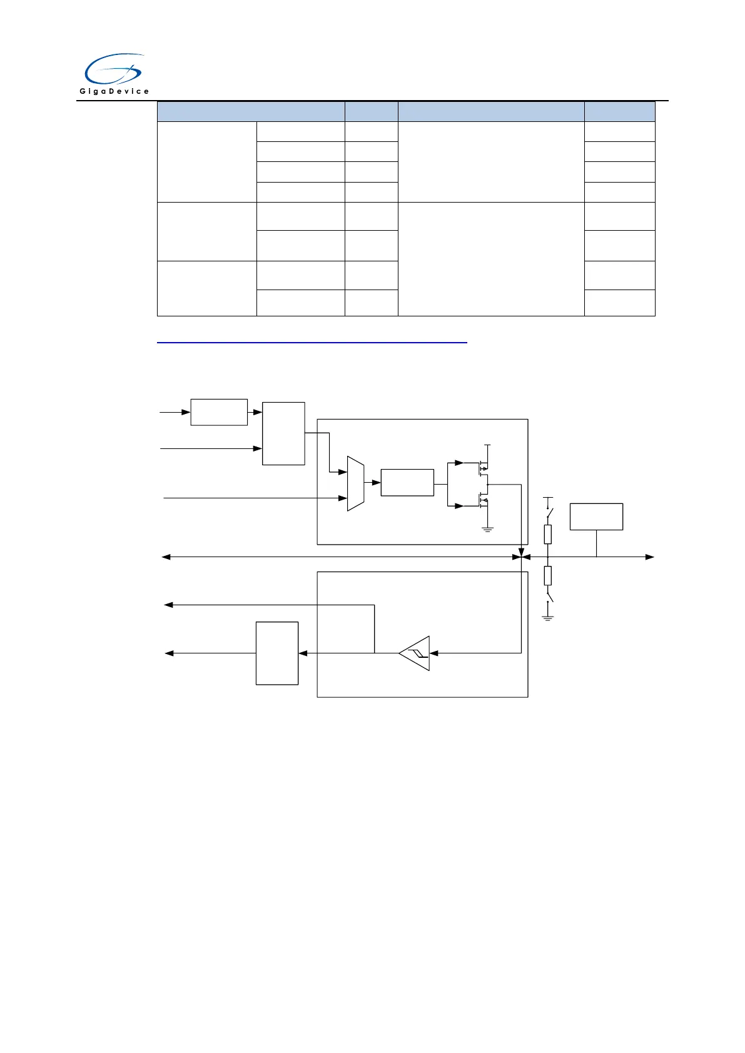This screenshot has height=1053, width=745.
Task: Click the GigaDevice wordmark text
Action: [114, 91]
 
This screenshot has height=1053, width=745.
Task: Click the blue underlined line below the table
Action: [312, 343]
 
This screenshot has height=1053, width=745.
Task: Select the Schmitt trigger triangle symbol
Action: [415, 653]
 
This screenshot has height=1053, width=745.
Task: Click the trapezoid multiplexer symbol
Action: [355, 483]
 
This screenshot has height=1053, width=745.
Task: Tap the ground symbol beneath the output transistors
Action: [488, 530]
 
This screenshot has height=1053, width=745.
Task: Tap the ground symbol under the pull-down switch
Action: [548, 618]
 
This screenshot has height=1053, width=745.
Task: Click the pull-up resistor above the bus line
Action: [548, 534]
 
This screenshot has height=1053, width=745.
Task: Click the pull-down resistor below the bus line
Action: [548, 575]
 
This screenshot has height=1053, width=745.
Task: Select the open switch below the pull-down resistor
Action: [549, 595]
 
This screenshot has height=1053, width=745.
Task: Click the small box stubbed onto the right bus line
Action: [596, 516]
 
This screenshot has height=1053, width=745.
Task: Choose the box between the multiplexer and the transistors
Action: [407, 483]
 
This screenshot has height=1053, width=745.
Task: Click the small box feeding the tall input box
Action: [219, 412]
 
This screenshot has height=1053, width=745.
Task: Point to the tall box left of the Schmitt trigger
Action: [277, 653]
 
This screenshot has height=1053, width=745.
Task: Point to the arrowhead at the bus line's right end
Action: [650, 557]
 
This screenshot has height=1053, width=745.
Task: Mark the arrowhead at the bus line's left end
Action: [166, 557]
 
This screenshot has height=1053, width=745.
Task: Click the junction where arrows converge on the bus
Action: [522, 557]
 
